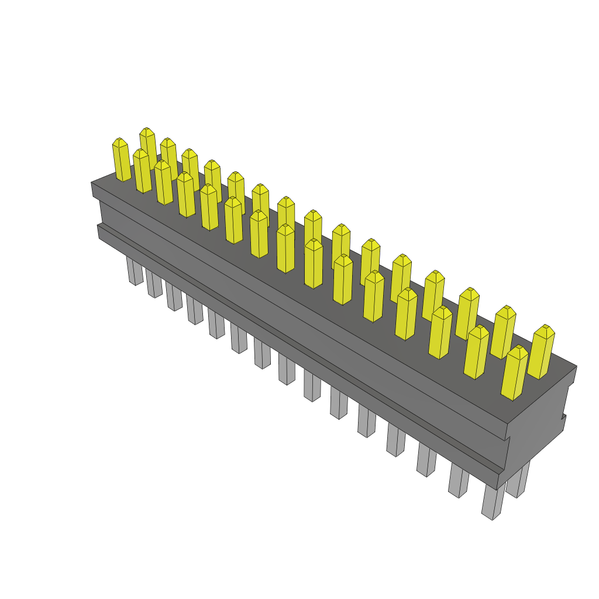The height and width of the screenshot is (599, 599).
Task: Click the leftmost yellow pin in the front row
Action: [122, 160]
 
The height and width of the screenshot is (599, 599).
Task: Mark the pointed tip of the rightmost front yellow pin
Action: [518, 349]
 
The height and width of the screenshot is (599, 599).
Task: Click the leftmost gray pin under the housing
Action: [135, 272]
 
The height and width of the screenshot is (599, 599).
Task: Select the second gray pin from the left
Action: [154, 284]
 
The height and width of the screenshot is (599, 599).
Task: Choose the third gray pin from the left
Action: [174, 297]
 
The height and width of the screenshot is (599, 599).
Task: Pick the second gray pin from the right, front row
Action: [459, 481]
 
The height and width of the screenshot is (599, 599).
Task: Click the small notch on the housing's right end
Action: [564, 416]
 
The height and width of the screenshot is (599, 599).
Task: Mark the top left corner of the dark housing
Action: [91, 183]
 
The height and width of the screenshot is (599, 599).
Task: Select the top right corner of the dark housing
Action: [577, 366]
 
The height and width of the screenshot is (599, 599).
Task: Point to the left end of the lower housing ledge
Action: [98, 232]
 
